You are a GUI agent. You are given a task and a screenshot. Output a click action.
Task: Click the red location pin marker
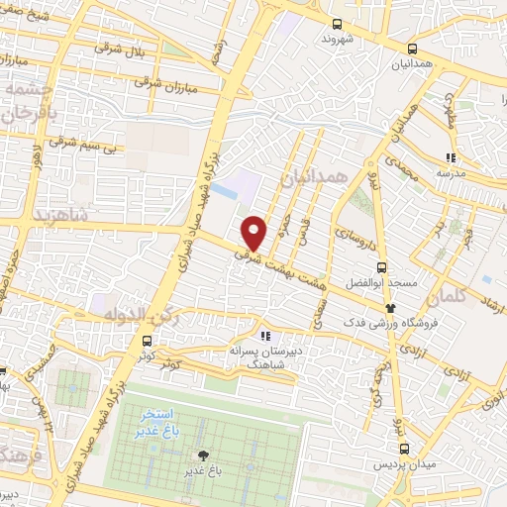coord(254,231)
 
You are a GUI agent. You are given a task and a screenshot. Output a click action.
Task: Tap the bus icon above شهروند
coord(338,24)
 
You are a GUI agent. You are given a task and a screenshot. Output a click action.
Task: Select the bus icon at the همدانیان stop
coord(412,49)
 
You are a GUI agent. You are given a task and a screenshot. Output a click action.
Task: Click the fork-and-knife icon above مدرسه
coord(450,156)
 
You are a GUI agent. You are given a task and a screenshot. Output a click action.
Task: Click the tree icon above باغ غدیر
coord(203,456)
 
